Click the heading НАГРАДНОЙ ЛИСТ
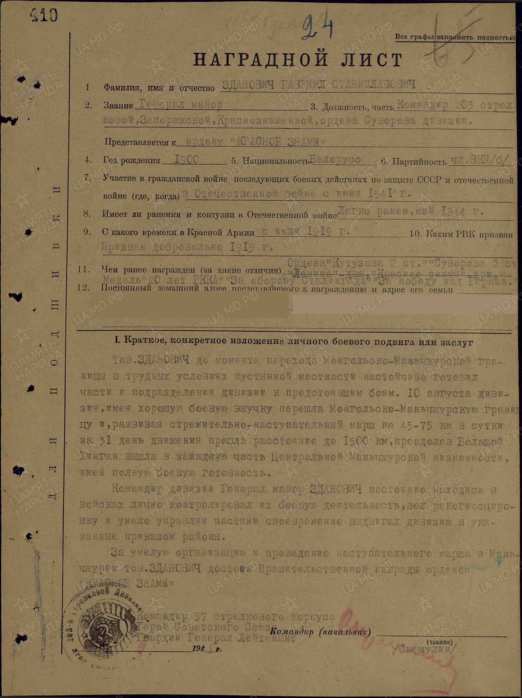pyautogui.click(x=297, y=60)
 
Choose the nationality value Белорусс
pyautogui.click(x=335, y=159)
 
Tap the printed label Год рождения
pyautogui.click(x=132, y=160)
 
